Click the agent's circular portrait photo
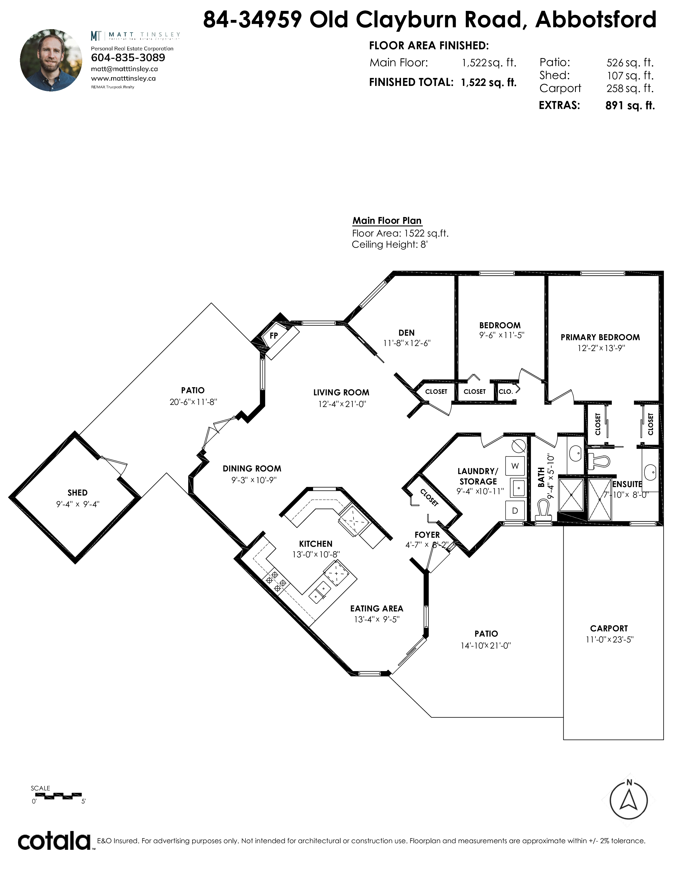point(51,60)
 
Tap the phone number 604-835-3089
point(128,58)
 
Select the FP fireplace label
point(274,336)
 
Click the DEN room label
point(406,332)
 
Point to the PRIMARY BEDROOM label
point(600,337)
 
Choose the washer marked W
point(515,466)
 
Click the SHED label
point(77,493)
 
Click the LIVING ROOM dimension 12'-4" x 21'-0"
point(343,404)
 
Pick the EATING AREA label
point(376,609)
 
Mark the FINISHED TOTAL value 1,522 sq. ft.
point(489,82)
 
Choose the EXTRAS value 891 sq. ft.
point(630,105)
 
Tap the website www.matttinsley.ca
point(123,78)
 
